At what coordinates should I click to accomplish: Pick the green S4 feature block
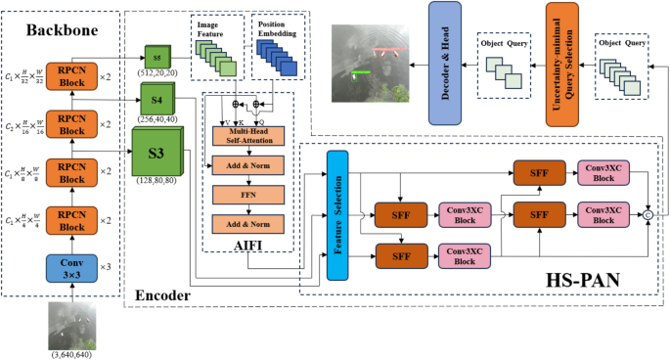click(x=156, y=98)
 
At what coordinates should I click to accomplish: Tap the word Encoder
click(x=163, y=293)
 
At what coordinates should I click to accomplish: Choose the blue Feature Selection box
click(x=337, y=213)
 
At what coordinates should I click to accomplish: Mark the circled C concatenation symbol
click(x=648, y=213)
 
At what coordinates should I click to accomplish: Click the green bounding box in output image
click(x=363, y=70)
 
